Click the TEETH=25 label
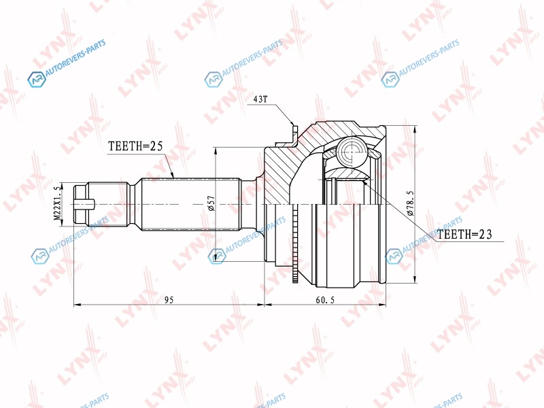coord(135,146)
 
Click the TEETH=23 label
coord(464,235)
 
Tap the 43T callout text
coord(260,99)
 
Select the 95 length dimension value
coord(169,299)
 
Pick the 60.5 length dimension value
coord(326,299)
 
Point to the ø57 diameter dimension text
coord(211,203)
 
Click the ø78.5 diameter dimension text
coord(411,203)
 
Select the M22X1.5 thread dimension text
coord(57,203)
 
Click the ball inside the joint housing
coord(352,151)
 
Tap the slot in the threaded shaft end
coord(84,203)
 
